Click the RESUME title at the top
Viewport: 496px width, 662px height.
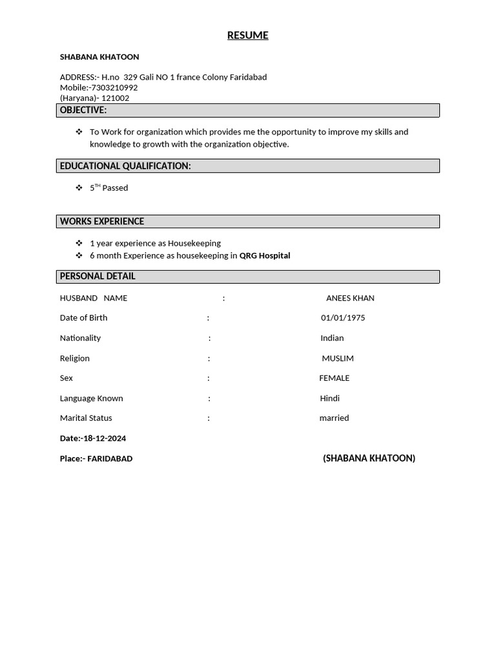coord(247,36)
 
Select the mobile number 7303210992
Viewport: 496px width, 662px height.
coord(114,88)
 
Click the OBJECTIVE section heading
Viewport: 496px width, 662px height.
coord(83,111)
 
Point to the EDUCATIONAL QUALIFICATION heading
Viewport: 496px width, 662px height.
coord(125,166)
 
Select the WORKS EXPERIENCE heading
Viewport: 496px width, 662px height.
coord(102,222)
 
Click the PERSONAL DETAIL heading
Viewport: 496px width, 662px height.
coord(98,277)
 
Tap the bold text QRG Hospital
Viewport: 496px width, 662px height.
coord(265,256)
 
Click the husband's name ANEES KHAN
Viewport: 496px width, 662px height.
coord(350,299)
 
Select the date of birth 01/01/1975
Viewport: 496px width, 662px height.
coord(343,318)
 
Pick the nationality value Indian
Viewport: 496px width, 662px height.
coord(332,338)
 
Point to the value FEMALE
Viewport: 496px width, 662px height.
coord(334,378)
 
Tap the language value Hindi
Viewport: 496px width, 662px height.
coord(329,398)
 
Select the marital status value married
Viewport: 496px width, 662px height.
coord(334,418)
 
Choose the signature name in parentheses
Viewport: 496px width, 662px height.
coord(369,458)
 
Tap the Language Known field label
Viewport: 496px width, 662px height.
coord(91,398)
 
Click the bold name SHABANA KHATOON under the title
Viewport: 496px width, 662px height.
coord(99,58)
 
